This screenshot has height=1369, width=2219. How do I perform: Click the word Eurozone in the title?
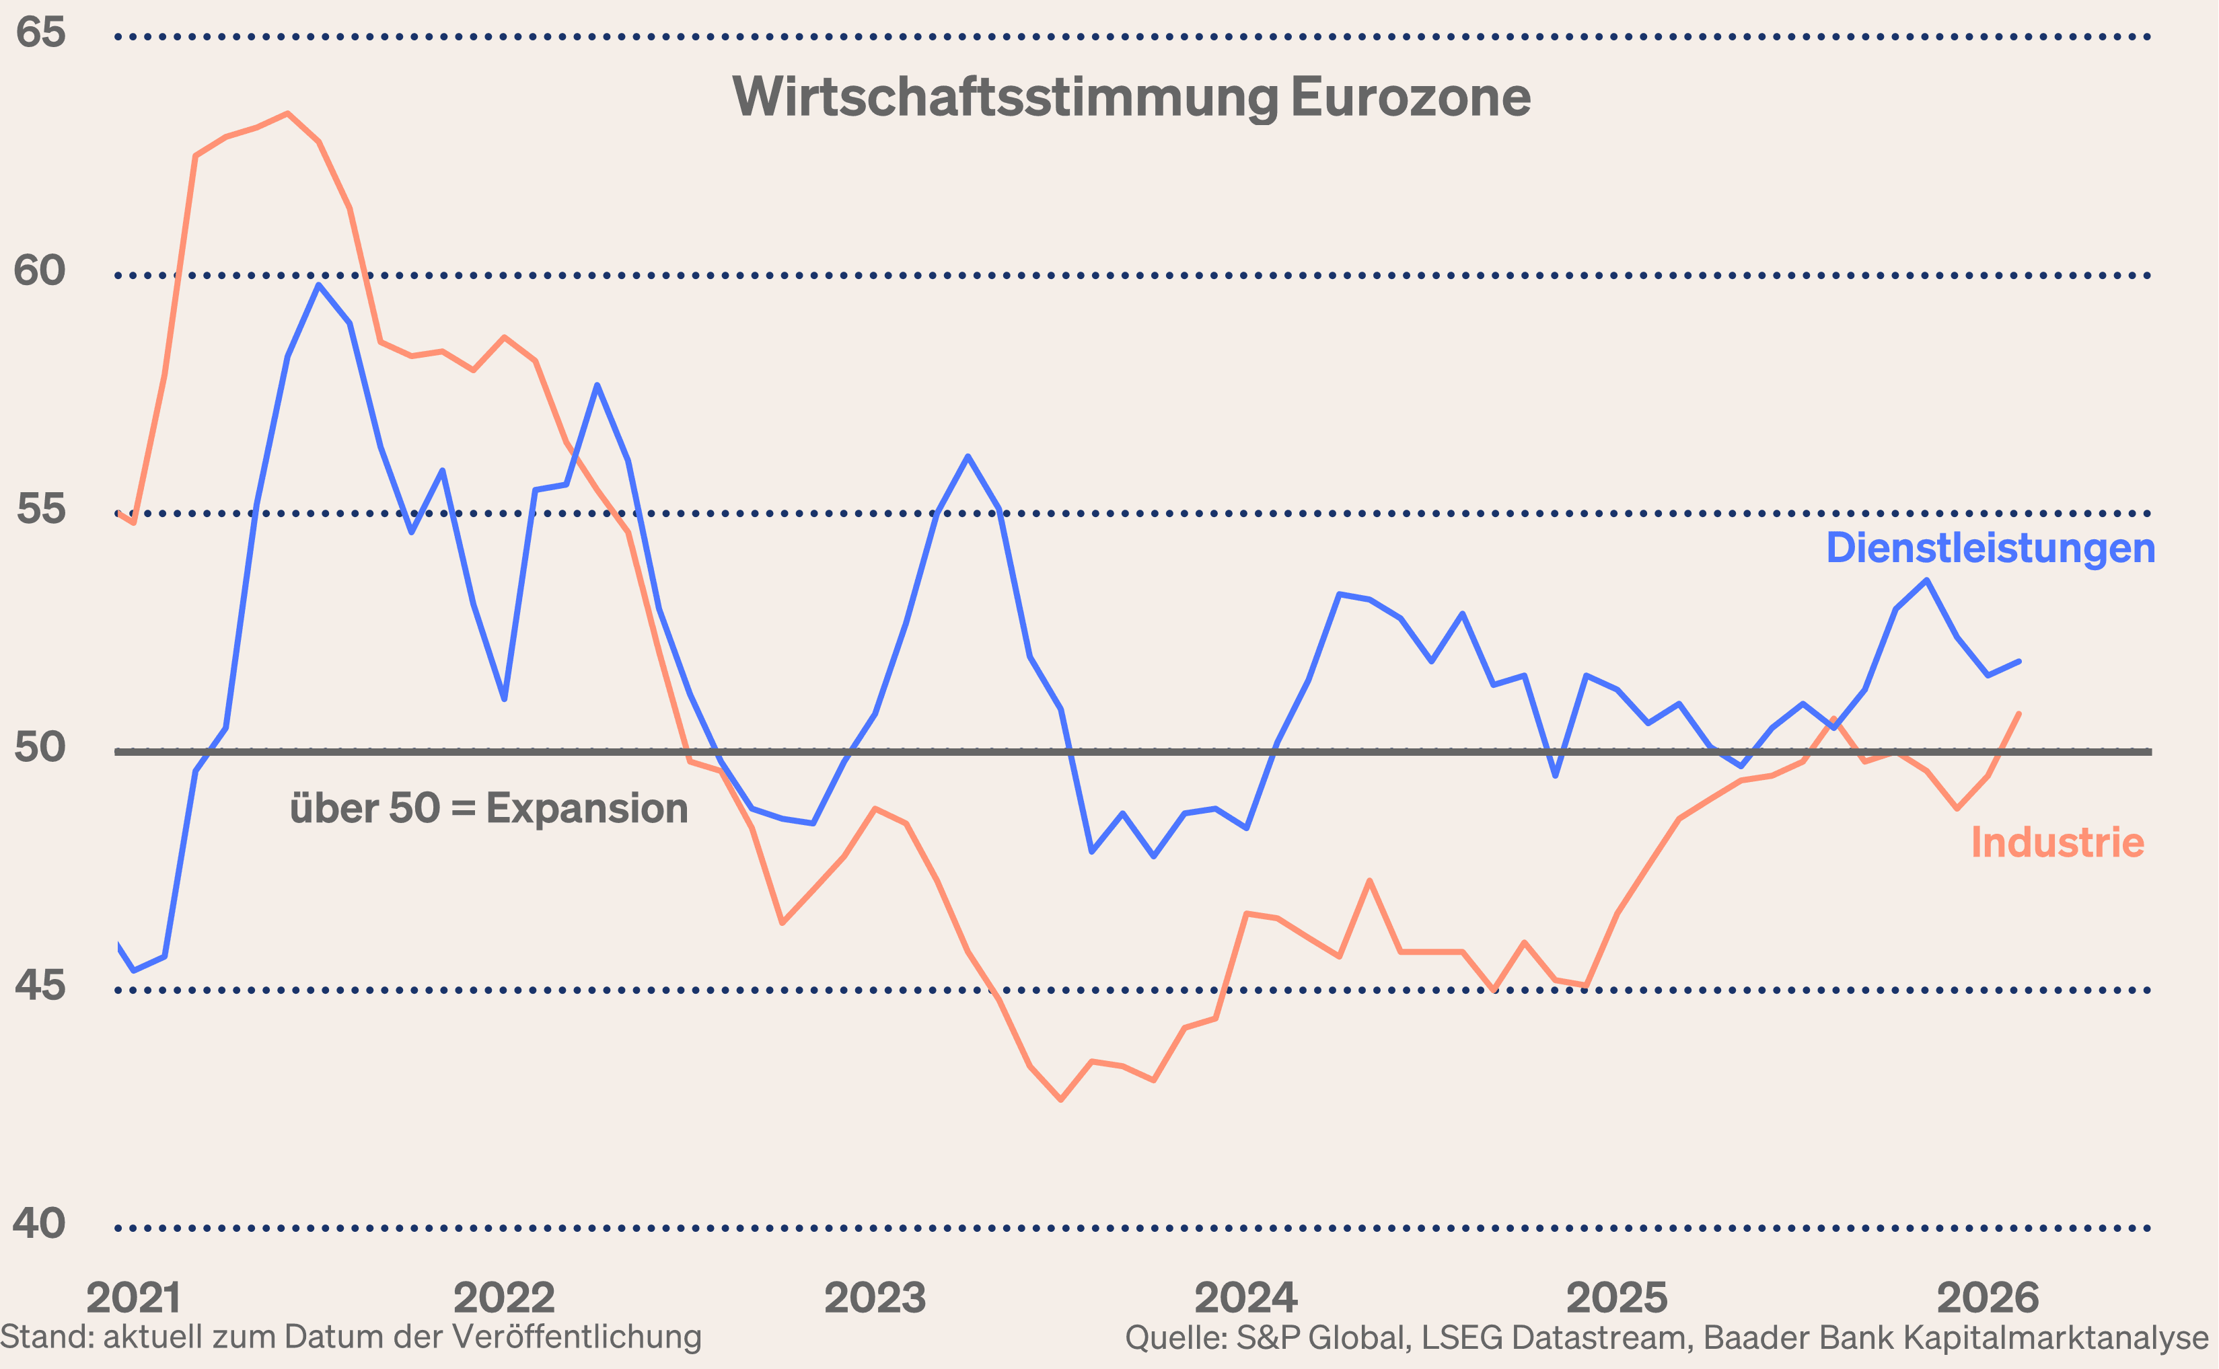[x=1410, y=97]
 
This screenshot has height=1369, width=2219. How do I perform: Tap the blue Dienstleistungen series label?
[x=1990, y=548]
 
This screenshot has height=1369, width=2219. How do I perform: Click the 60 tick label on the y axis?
[x=40, y=271]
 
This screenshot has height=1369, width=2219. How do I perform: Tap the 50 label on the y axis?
[x=40, y=747]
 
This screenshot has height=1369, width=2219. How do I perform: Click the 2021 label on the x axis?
[x=133, y=1298]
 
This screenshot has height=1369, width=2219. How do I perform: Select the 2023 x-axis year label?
[x=875, y=1298]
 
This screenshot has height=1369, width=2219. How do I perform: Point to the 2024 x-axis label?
[x=1245, y=1298]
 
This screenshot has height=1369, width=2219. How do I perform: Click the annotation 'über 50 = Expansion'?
[x=488, y=808]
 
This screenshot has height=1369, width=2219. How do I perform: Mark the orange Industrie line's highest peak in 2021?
[x=287, y=114]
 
